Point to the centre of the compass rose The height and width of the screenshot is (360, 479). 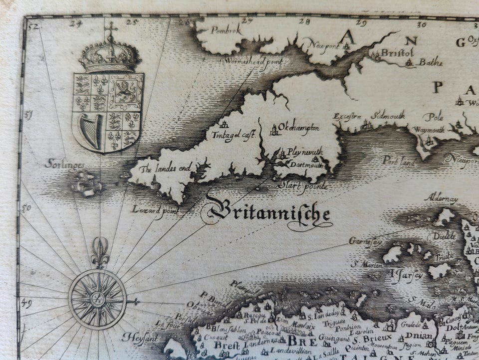(98, 299)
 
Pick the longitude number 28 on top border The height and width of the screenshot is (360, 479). (305, 21)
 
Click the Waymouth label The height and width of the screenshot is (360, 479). (427, 130)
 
